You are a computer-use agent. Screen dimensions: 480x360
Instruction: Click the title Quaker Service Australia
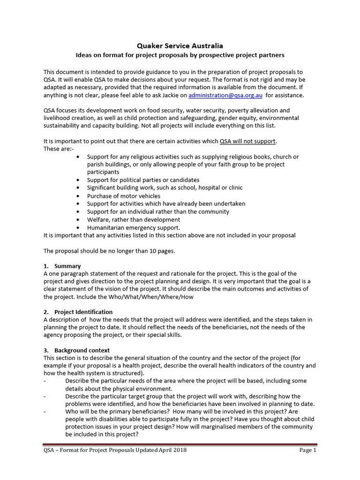pos(180,46)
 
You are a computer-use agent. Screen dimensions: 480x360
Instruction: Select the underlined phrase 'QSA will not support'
pos(247,141)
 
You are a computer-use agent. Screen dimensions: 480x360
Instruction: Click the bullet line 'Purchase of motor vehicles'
pos(123,196)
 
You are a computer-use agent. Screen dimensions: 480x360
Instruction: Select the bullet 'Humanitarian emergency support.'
pos(133,227)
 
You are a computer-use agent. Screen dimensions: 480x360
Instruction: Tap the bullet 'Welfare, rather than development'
pos(133,219)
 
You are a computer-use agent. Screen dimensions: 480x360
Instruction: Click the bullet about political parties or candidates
pos(143,180)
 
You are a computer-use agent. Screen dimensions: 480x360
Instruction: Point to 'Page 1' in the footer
pos(308,450)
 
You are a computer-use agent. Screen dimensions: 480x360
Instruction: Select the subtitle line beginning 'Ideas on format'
pos(180,55)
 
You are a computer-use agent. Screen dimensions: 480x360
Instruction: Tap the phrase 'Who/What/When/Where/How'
pos(152,297)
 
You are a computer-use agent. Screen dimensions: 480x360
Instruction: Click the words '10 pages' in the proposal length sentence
pos(162,251)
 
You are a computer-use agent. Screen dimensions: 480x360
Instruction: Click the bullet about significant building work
pos(165,187)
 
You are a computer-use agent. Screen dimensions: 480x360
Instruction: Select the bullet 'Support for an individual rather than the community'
pos(158,211)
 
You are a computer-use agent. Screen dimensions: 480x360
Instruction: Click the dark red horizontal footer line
pos(180,444)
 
